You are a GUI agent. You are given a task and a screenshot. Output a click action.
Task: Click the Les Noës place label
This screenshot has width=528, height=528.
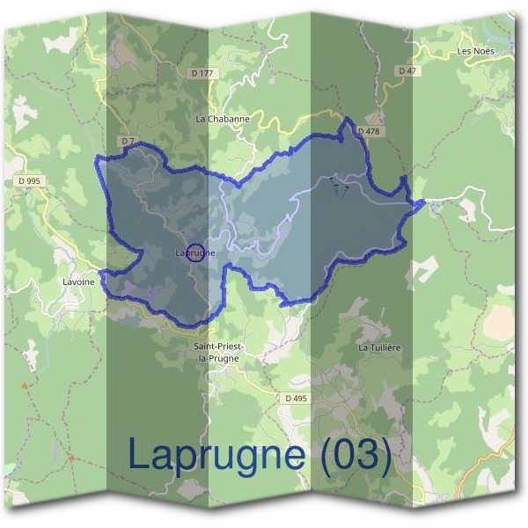(477, 51)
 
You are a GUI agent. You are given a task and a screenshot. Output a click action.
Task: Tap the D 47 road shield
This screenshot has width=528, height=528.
(406, 70)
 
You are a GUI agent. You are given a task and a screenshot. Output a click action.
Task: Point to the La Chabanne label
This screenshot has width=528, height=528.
(223, 118)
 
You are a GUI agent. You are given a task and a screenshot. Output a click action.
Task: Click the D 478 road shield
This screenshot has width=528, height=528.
(368, 132)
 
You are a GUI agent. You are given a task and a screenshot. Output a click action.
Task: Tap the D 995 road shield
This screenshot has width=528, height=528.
(28, 180)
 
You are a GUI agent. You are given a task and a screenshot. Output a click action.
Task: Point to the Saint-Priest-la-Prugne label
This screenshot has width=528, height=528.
(218, 352)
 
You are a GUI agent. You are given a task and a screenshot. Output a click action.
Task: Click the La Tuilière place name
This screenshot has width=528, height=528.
(379, 348)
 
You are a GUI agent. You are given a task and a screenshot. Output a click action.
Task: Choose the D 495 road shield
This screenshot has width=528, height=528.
(297, 399)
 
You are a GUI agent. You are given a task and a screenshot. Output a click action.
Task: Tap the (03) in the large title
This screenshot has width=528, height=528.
(356, 455)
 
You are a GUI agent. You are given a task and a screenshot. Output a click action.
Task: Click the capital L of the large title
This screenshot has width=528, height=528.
(140, 453)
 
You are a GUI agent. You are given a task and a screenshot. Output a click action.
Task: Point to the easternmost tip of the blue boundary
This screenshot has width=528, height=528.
(425, 203)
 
